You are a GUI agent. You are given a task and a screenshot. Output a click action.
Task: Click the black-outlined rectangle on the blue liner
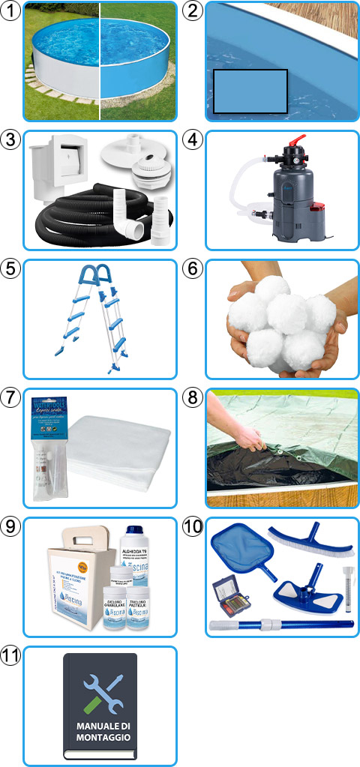pos(250,91)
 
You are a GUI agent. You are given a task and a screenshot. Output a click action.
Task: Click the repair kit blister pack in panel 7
pos(52,450)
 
